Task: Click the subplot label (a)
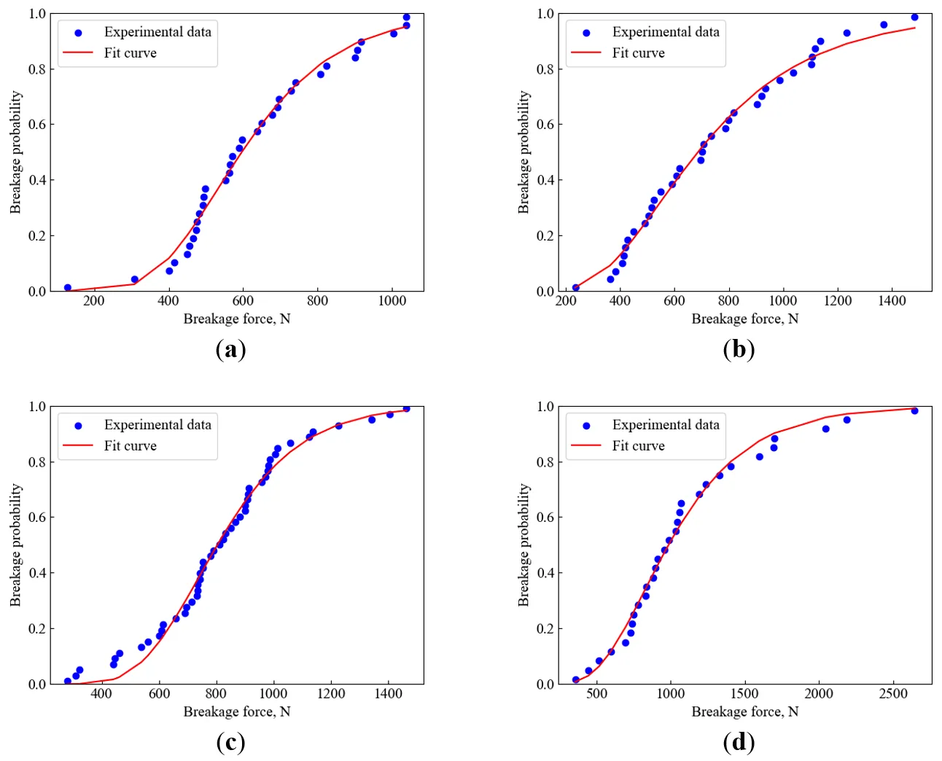click(230, 350)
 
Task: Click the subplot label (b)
click(739, 350)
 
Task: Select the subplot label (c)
click(230, 743)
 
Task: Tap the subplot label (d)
click(739, 743)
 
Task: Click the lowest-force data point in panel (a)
click(68, 288)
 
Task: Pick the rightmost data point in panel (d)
click(914, 411)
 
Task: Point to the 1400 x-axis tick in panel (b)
click(892, 301)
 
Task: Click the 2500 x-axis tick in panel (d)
click(892, 694)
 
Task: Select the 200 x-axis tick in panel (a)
click(93, 301)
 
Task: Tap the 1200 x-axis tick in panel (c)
click(330, 694)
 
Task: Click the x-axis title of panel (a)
click(236, 319)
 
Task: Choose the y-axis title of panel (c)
click(16, 545)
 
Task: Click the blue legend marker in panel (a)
click(78, 33)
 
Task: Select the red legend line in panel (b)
click(585, 53)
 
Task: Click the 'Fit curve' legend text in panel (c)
click(130, 446)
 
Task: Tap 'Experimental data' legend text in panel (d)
click(665, 425)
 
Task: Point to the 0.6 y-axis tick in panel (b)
click(545, 125)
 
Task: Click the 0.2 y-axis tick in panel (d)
click(545, 629)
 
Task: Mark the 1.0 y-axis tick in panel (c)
click(37, 407)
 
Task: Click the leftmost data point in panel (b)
click(575, 288)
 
